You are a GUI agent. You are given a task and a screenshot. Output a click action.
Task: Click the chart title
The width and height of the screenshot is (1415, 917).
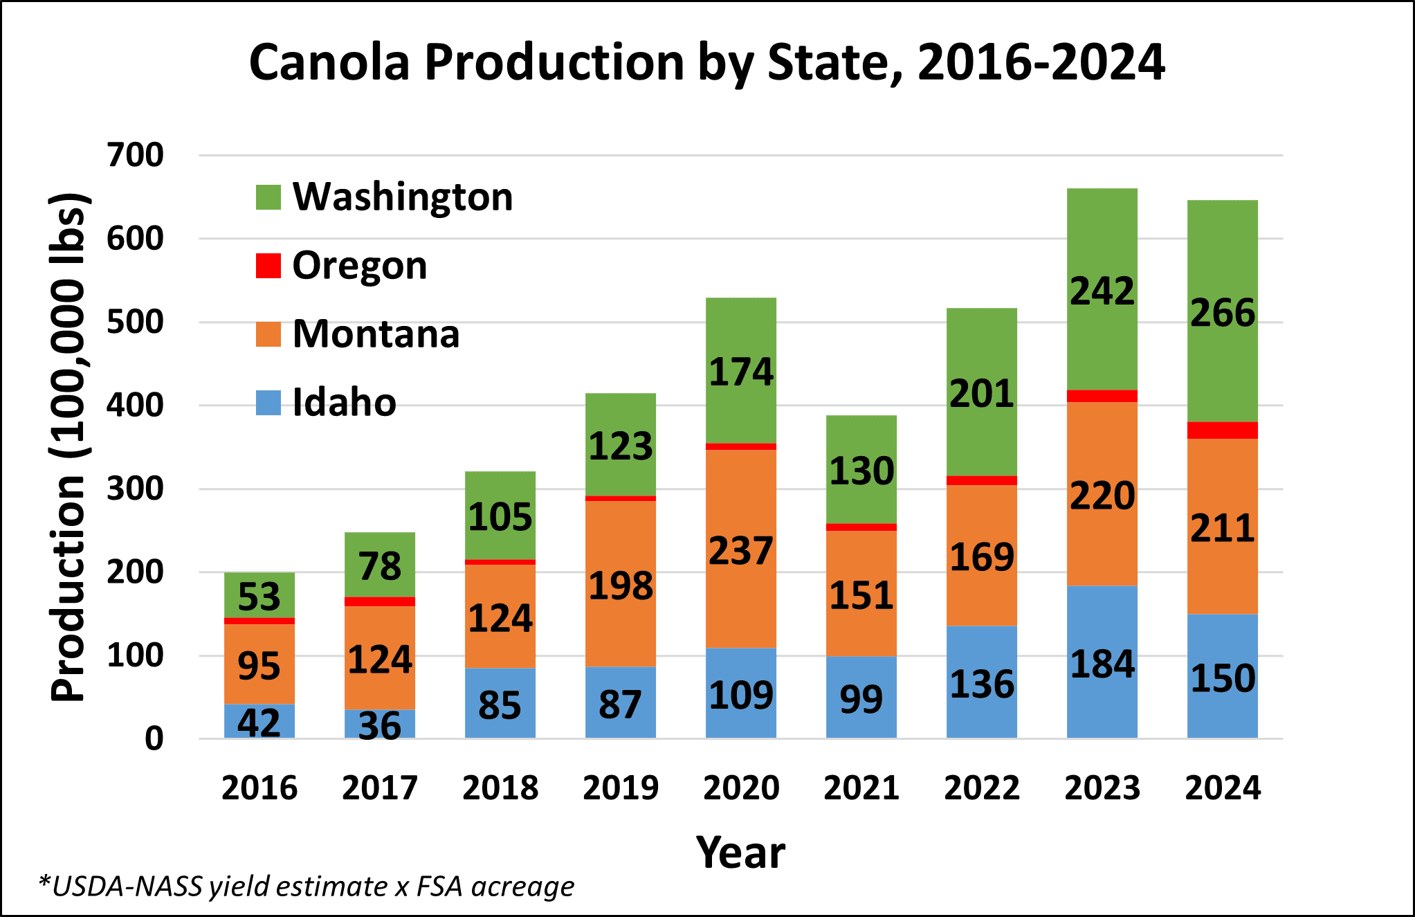coord(706,62)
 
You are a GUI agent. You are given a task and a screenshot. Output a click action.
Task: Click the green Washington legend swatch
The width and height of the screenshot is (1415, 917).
coord(268,197)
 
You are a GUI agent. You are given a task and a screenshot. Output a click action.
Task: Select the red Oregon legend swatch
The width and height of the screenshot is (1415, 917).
coord(268,266)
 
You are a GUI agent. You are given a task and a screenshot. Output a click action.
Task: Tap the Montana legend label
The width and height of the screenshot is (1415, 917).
coord(376,334)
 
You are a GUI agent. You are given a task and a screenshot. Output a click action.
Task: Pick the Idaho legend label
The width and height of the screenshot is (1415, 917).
coord(344,402)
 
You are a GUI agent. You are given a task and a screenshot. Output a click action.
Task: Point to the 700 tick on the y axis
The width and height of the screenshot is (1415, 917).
coord(136,155)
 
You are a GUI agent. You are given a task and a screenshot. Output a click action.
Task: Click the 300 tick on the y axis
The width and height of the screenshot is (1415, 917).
coord(136,489)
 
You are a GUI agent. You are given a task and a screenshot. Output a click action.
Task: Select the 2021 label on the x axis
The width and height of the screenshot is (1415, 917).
coord(861,788)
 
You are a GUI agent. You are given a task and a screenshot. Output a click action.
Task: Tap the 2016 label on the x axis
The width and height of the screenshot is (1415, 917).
coord(259,788)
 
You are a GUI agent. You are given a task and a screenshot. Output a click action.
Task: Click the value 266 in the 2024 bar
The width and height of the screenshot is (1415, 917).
coord(1223,313)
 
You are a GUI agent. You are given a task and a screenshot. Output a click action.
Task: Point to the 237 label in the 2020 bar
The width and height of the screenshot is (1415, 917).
coord(741,551)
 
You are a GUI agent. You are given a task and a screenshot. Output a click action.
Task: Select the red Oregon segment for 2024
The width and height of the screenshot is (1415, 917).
coord(1223,430)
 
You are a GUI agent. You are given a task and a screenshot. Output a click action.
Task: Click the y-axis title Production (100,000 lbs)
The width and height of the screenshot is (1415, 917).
coord(69,446)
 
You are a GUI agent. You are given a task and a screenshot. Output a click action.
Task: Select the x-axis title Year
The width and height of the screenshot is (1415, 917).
coord(740,852)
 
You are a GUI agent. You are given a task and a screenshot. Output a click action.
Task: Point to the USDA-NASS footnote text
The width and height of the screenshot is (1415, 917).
coord(307,887)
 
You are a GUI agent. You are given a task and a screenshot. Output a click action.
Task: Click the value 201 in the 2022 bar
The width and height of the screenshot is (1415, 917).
coord(982,394)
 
